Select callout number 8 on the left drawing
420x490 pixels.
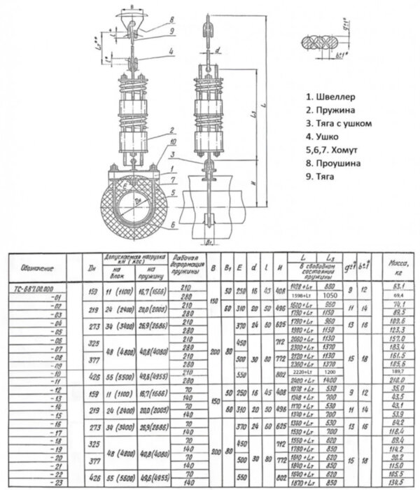click(x=169, y=20)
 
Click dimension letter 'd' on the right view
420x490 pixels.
click(x=218, y=51)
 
